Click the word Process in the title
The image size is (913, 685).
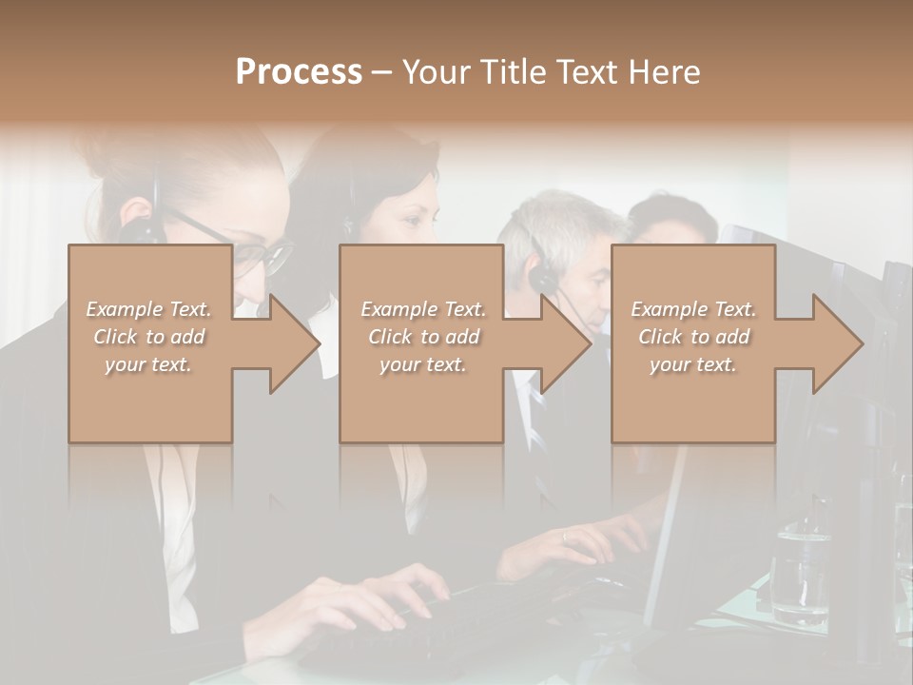tap(299, 72)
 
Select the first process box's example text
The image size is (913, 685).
tap(148, 337)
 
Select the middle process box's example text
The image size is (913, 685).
tap(422, 337)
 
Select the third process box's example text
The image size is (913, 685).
tap(692, 337)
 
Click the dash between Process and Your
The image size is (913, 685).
tap(381, 74)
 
